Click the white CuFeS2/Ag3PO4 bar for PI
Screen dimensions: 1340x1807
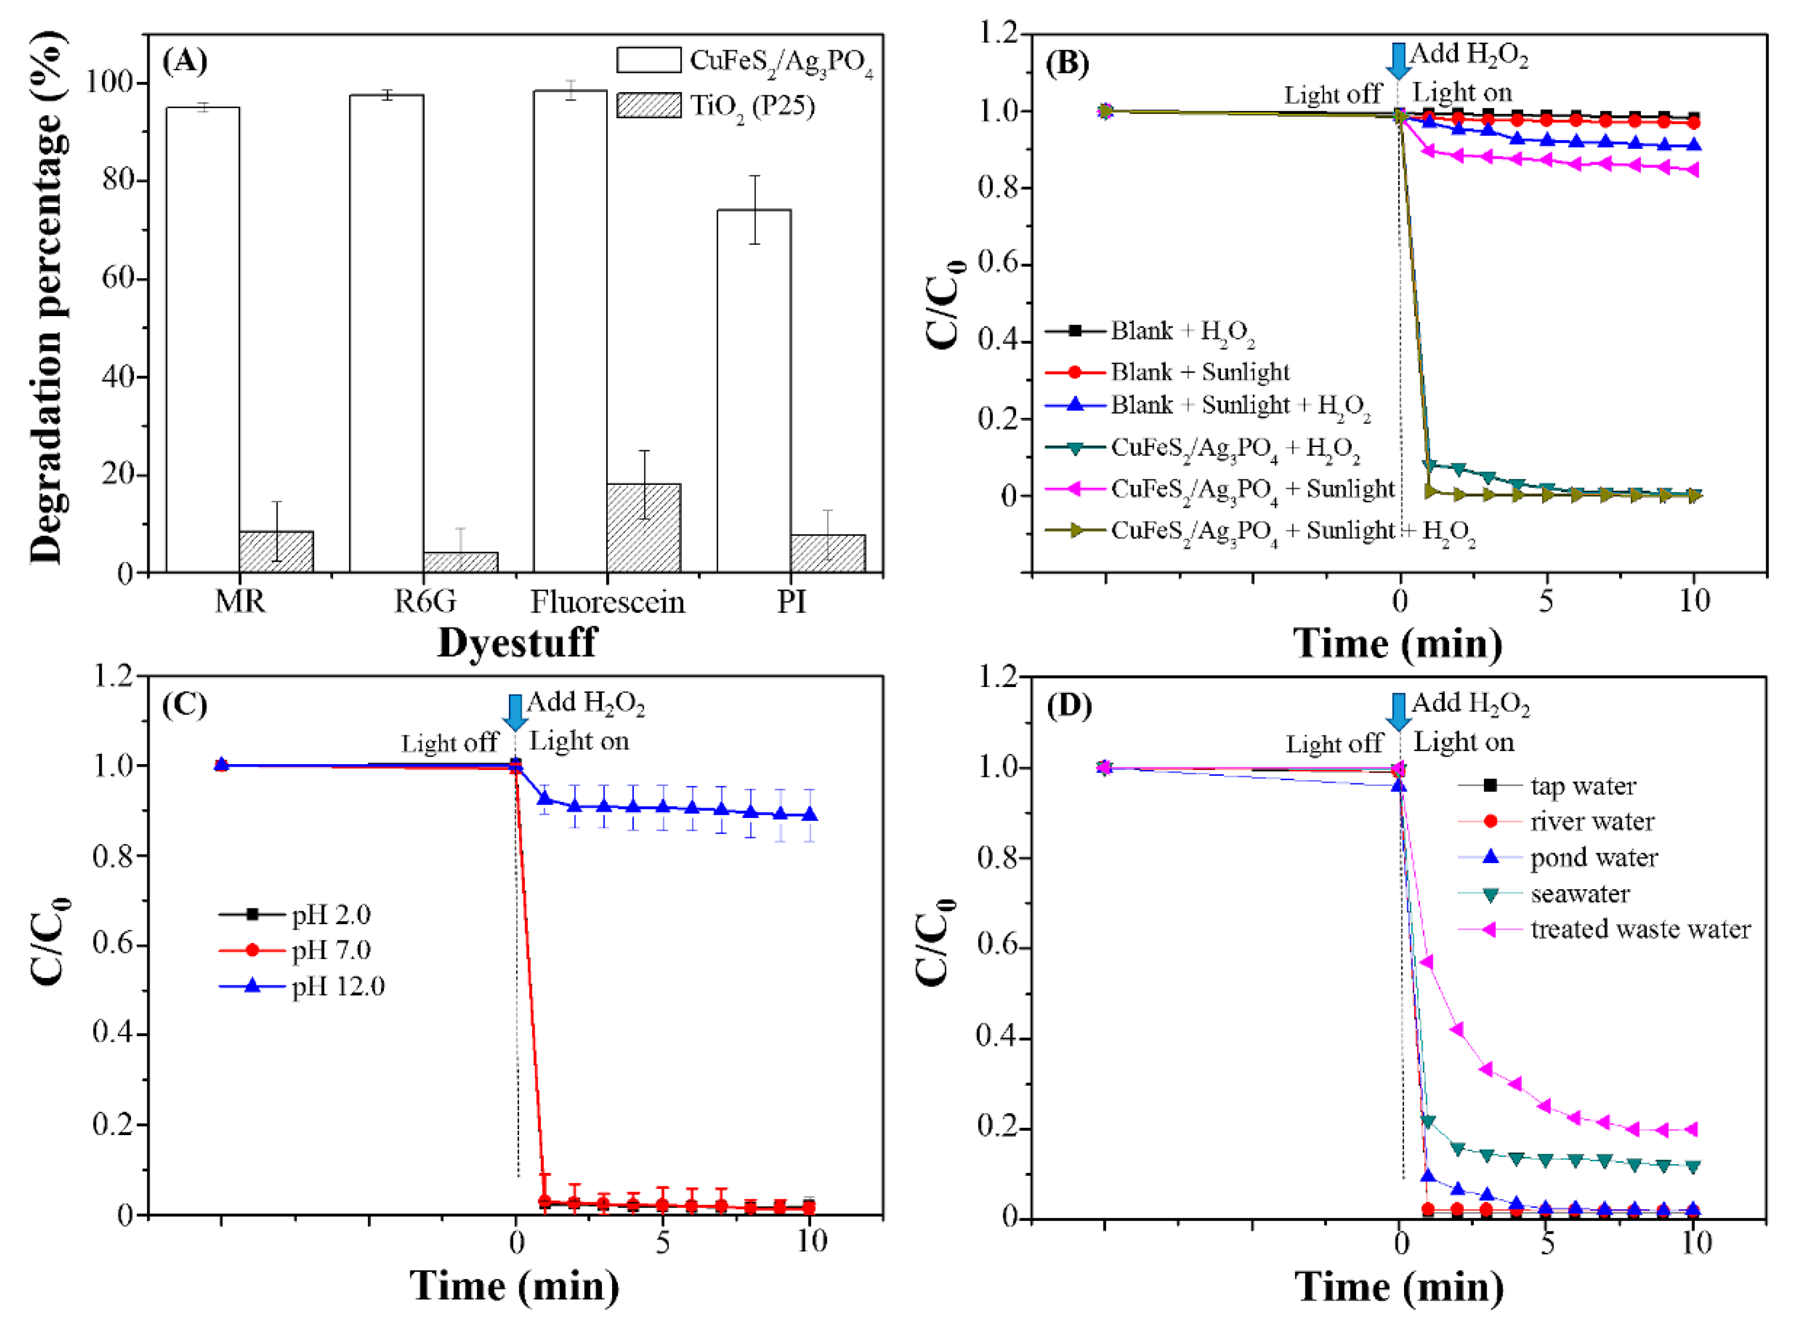[x=754, y=390]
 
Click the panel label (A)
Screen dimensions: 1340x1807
[x=185, y=62]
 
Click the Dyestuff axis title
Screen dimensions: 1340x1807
[x=517, y=642]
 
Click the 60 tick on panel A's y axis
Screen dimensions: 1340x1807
[x=118, y=278]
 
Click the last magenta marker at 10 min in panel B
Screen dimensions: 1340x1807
[x=1693, y=170]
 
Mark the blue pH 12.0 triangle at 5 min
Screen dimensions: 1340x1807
[x=663, y=806]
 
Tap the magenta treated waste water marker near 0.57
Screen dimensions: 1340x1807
[x=1426, y=962]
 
